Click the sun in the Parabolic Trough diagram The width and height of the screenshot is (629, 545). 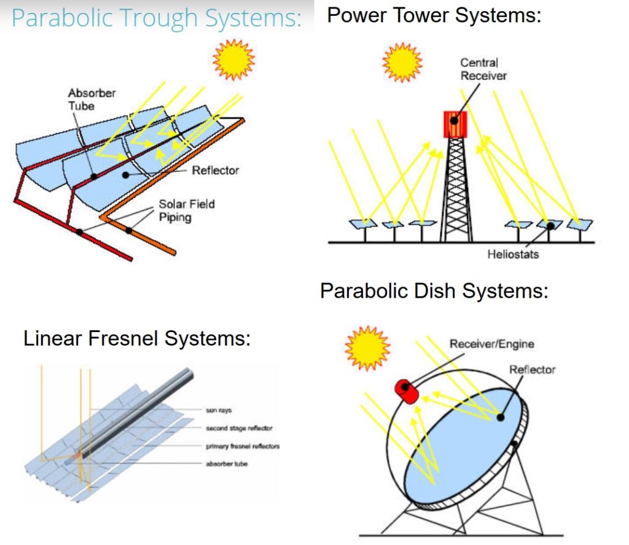(233, 60)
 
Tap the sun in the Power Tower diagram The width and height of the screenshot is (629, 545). (402, 62)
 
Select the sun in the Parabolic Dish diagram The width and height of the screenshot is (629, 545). (367, 348)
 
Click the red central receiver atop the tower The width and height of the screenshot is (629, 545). (455, 124)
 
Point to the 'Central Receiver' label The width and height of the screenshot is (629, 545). (483, 69)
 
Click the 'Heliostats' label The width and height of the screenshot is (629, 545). (513, 254)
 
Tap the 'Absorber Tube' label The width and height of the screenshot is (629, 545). (92, 99)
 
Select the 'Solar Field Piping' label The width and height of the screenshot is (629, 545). (187, 211)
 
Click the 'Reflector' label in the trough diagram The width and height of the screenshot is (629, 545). (215, 171)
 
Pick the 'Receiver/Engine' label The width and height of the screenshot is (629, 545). (491, 344)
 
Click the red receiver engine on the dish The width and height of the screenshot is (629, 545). (407, 392)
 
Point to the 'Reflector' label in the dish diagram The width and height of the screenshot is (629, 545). (532, 369)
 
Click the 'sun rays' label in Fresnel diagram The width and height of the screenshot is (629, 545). (219, 410)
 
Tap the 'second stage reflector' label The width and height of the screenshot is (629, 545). (239, 428)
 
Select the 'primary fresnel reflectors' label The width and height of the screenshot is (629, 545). (243, 446)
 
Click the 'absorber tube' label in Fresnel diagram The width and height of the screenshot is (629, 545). (227, 463)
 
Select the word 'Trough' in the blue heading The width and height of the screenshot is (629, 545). (158, 18)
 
